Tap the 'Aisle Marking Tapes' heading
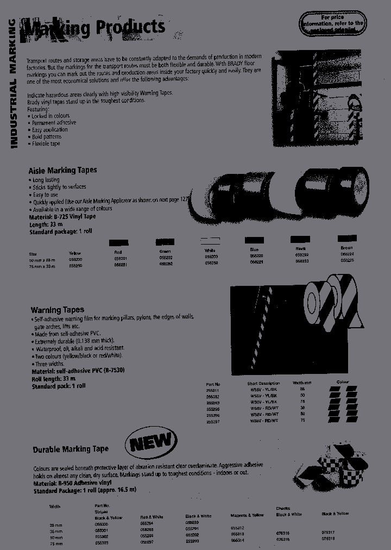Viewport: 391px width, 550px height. coord(62,170)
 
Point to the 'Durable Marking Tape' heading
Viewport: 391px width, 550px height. coord(71,449)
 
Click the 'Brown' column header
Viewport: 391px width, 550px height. coord(346,248)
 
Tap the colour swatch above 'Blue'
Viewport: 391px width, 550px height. coord(254,240)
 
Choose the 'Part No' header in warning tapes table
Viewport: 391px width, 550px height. coord(213,383)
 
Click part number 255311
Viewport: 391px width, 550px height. coord(213,390)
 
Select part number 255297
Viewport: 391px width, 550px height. coord(213,421)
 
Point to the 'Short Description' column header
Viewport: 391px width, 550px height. coord(263,383)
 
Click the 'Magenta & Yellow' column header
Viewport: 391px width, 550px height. coord(248,515)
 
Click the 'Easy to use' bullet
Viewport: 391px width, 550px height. coord(45,195)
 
